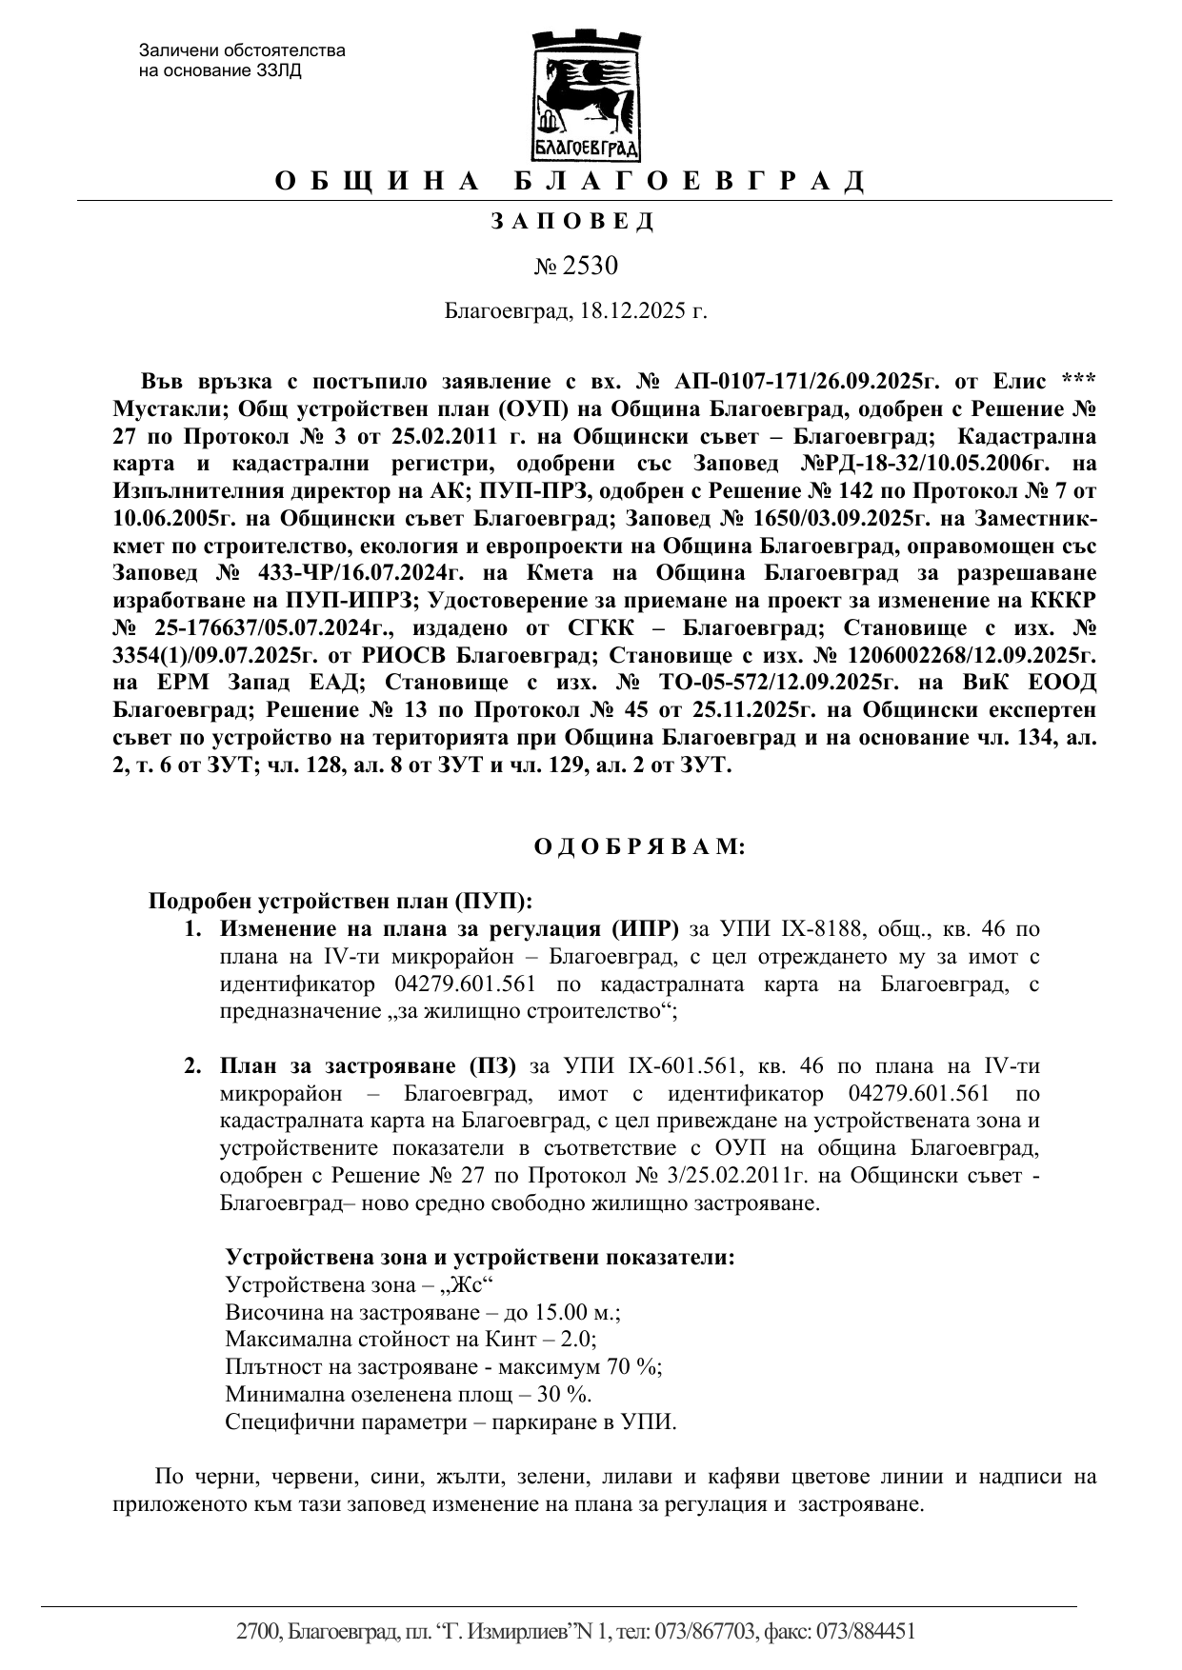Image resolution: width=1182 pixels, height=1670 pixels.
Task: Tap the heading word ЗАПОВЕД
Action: tap(572, 222)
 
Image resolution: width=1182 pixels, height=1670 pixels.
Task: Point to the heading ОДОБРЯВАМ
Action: tap(639, 846)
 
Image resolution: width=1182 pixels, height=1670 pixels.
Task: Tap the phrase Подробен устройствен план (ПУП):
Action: tap(340, 901)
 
